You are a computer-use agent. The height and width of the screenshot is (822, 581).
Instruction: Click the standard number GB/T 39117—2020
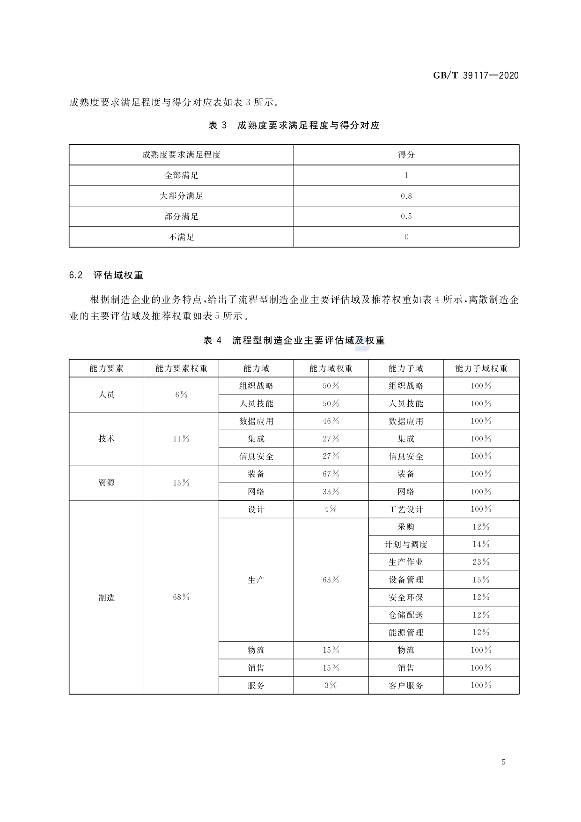[x=476, y=75]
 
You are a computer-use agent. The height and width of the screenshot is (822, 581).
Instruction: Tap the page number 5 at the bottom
[x=503, y=762]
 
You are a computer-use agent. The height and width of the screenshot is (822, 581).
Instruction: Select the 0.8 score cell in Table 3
[x=406, y=196]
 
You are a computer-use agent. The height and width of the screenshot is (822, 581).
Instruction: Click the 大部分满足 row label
[x=181, y=196]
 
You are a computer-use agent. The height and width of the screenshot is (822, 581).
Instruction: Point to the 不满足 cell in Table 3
[x=181, y=237]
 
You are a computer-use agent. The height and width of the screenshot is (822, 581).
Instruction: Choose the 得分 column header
[x=406, y=155]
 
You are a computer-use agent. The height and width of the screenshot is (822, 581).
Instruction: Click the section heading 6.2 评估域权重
[x=106, y=275]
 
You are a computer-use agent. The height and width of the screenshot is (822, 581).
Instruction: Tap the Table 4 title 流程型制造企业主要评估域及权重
[x=294, y=341]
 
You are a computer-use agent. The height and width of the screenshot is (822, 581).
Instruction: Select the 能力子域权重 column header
[x=481, y=368]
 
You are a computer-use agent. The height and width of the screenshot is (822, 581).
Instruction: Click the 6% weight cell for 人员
[x=181, y=395]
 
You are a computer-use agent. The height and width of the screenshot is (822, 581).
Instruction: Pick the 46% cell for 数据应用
[x=331, y=421]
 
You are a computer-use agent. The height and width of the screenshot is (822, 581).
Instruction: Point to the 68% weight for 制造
[x=181, y=597]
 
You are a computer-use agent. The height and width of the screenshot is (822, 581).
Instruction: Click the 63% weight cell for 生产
[x=331, y=580]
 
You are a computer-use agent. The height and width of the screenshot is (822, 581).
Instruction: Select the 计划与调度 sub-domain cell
[x=406, y=545]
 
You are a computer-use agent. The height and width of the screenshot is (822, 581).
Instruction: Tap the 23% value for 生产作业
[x=481, y=562]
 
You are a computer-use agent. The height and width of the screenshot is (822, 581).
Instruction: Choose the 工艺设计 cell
[x=406, y=509]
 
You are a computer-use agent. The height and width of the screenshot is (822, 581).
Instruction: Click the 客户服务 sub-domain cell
[x=406, y=685]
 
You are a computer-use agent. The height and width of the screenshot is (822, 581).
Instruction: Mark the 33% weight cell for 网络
[x=331, y=492]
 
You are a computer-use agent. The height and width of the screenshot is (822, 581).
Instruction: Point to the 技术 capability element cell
[x=106, y=439]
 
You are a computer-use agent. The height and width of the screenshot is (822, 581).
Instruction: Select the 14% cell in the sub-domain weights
[x=481, y=545]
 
